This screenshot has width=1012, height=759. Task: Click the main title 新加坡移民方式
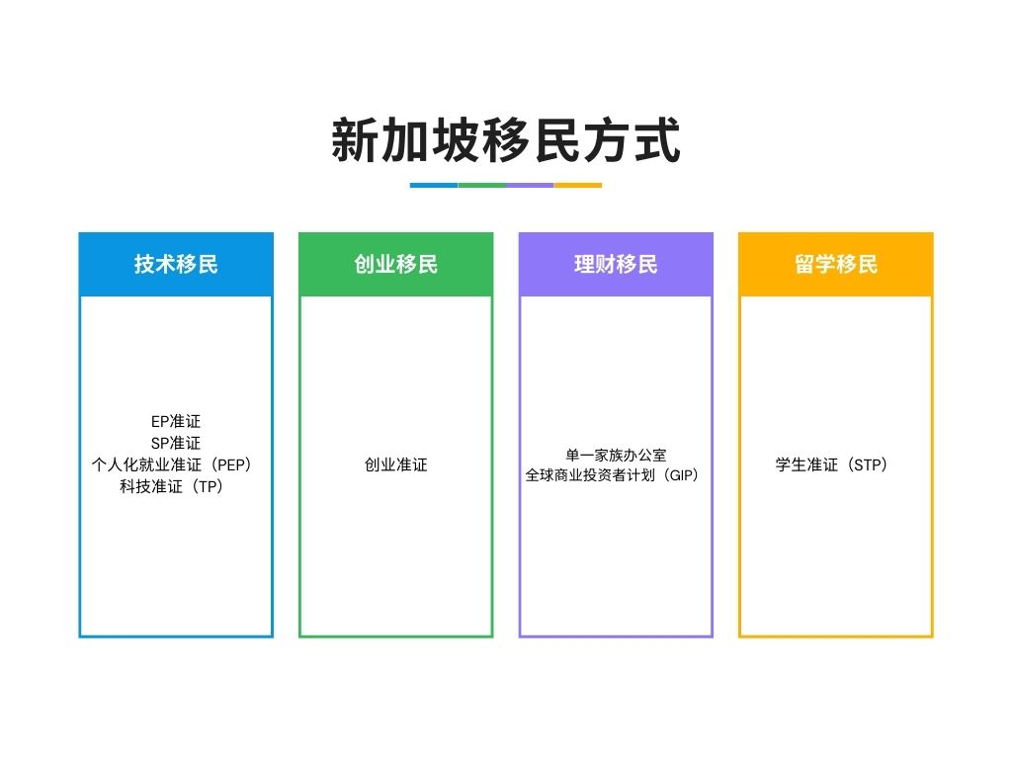pyautogui.click(x=506, y=140)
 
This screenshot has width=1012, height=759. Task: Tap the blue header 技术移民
pyautogui.click(x=176, y=264)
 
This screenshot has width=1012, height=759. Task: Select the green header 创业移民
pyautogui.click(x=395, y=264)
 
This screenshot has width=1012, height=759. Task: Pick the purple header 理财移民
pyautogui.click(x=616, y=264)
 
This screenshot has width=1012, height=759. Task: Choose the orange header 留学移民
pyautogui.click(x=836, y=264)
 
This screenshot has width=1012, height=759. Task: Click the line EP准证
pyautogui.click(x=176, y=421)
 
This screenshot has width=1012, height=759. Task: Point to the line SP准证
pyautogui.click(x=176, y=443)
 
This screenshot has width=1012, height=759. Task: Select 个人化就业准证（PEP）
pyautogui.click(x=172, y=464)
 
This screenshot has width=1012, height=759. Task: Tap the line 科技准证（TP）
pyautogui.click(x=172, y=486)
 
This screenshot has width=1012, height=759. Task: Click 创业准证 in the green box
pyautogui.click(x=395, y=464)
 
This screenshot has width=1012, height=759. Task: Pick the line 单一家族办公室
pyautogui.click(x=616, y=455)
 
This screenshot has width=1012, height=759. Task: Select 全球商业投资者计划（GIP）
pyautogui.click(x=613, y=475)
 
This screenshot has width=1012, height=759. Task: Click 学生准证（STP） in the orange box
pyautogui.click(x=832, y=464)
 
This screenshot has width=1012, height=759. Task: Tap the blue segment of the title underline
pyautogui.click(x=434, y=185)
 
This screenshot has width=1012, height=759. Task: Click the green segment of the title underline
pyautogui.click(x=482, y=185)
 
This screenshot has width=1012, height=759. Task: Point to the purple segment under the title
pyautogui.click(x=530, y=185)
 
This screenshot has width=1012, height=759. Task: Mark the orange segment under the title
pyautogui.click(x=577, y=185)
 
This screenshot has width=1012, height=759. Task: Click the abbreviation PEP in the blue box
pyautogui.click(x=230, y=464)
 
